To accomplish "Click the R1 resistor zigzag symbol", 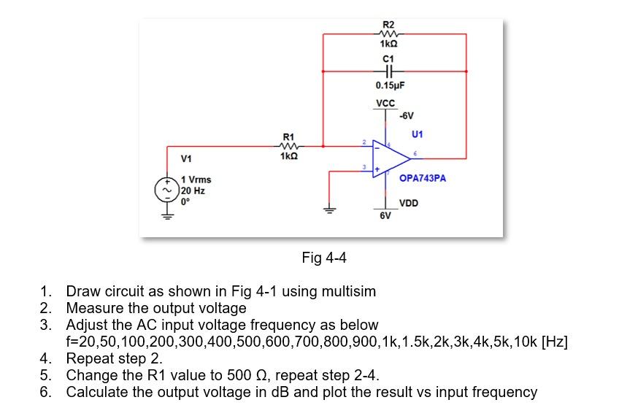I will [289, 144].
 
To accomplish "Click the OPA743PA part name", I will [423, 177].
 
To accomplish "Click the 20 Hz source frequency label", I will [193, 190].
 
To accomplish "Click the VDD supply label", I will [409, 203].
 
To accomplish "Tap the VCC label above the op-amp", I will [385, 104].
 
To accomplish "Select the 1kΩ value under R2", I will [388, 43].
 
